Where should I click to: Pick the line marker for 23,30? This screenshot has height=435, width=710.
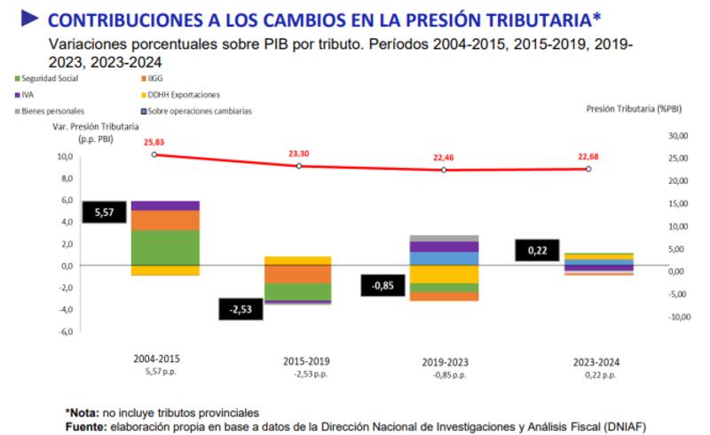[x=299, y=166]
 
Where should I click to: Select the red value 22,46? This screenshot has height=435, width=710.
[x=441, y=157]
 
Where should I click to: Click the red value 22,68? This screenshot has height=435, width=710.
[x=588, y=157]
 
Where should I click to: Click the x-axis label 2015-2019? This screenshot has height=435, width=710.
[x=305, y=361]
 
